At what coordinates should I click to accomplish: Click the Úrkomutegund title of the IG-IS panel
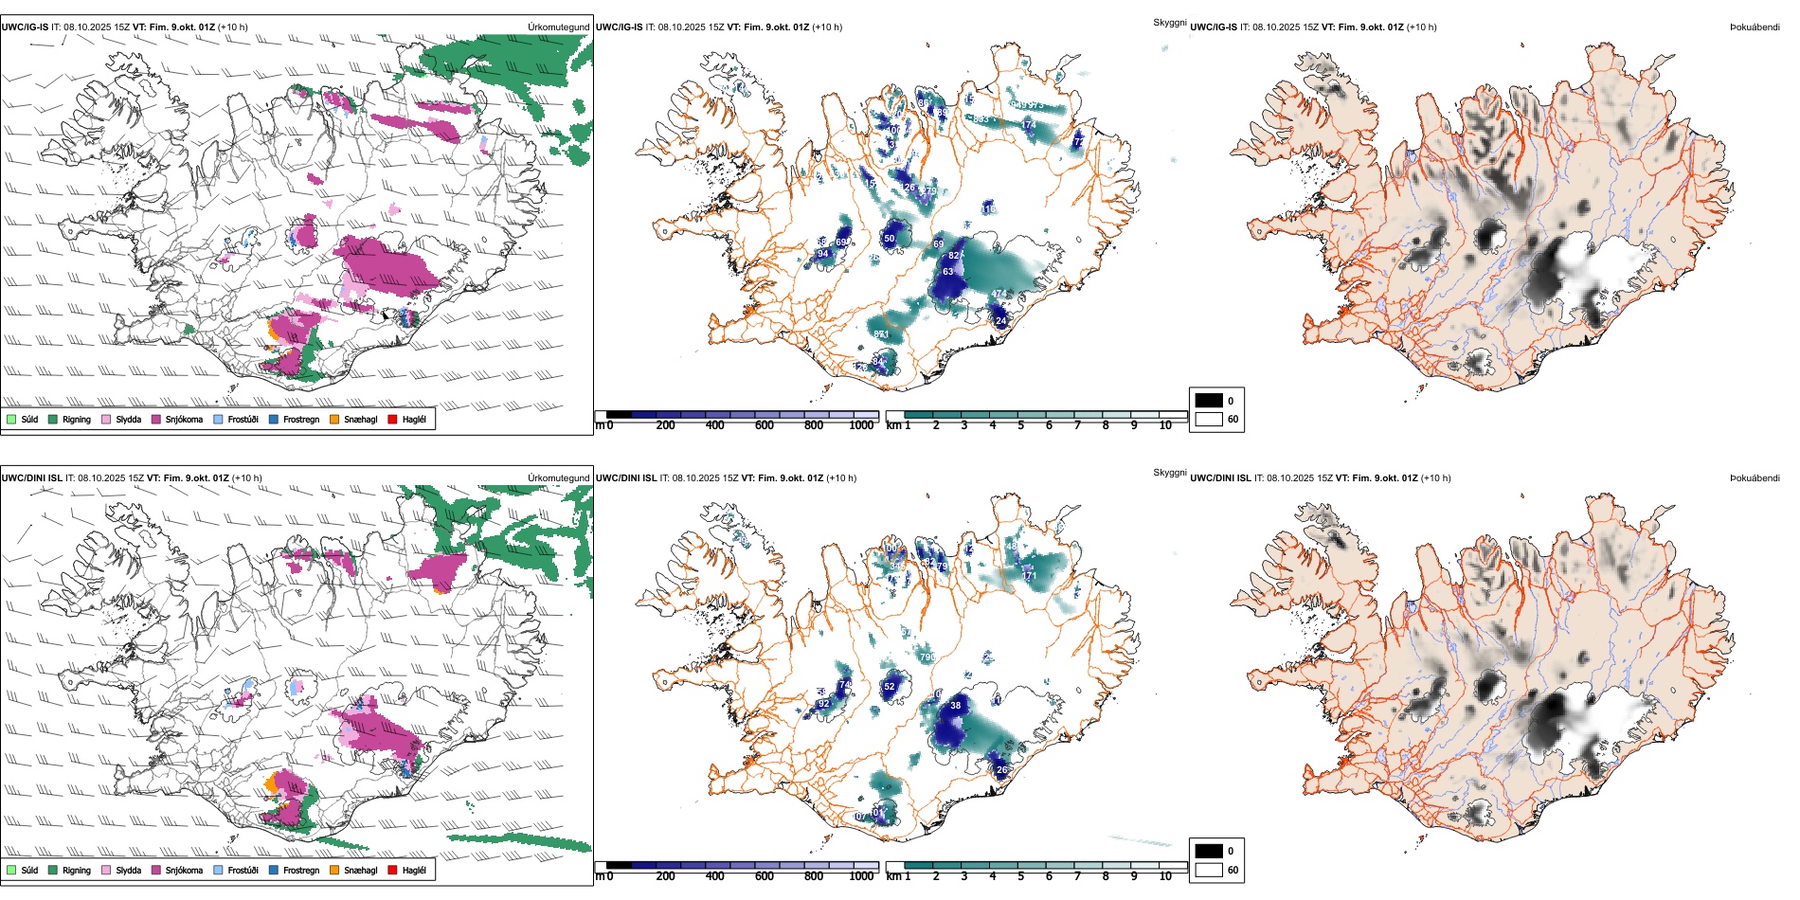[558, 27]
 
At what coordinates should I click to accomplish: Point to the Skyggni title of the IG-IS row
[1169, 22]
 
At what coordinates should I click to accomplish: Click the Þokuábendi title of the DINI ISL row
[1755, 478]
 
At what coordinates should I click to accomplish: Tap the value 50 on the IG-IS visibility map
[890, 239]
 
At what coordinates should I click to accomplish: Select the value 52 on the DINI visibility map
[890, 687]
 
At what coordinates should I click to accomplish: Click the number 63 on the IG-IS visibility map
[947, 272]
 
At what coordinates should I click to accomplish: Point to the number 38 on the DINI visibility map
[955, 705]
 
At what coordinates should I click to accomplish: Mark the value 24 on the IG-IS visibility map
[1000, 321]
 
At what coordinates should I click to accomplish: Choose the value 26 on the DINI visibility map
[1001, 770]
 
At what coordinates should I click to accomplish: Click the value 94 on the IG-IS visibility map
[822, 254]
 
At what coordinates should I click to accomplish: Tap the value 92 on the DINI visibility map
[823, 704]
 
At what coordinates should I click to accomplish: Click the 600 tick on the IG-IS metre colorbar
[765, 425]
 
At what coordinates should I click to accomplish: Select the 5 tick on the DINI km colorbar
[1021, 876]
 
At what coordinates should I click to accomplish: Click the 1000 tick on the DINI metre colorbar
[861, 876]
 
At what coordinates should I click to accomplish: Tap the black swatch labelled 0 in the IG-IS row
[1209, 400]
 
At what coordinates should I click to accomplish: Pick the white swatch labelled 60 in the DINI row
[1209, 870]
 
